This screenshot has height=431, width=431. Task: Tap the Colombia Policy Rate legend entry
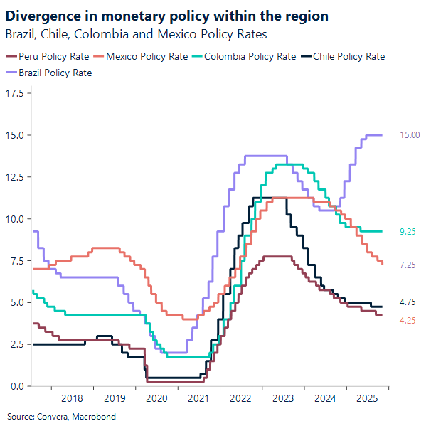(249, 57)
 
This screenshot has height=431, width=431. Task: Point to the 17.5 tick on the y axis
(14, 93)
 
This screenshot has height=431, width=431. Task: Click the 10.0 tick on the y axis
(14, 219)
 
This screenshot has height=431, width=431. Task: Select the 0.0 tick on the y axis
(16, 386)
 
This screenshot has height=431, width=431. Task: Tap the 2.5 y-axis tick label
(16, 344)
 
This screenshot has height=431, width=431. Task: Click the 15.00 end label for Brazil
(410, 135)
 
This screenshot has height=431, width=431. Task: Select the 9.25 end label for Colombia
(408, 231)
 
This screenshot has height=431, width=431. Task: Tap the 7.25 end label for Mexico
(408, 265)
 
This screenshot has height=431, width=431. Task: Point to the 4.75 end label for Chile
(408, 302)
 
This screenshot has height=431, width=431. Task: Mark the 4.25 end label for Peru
(408, 321)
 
